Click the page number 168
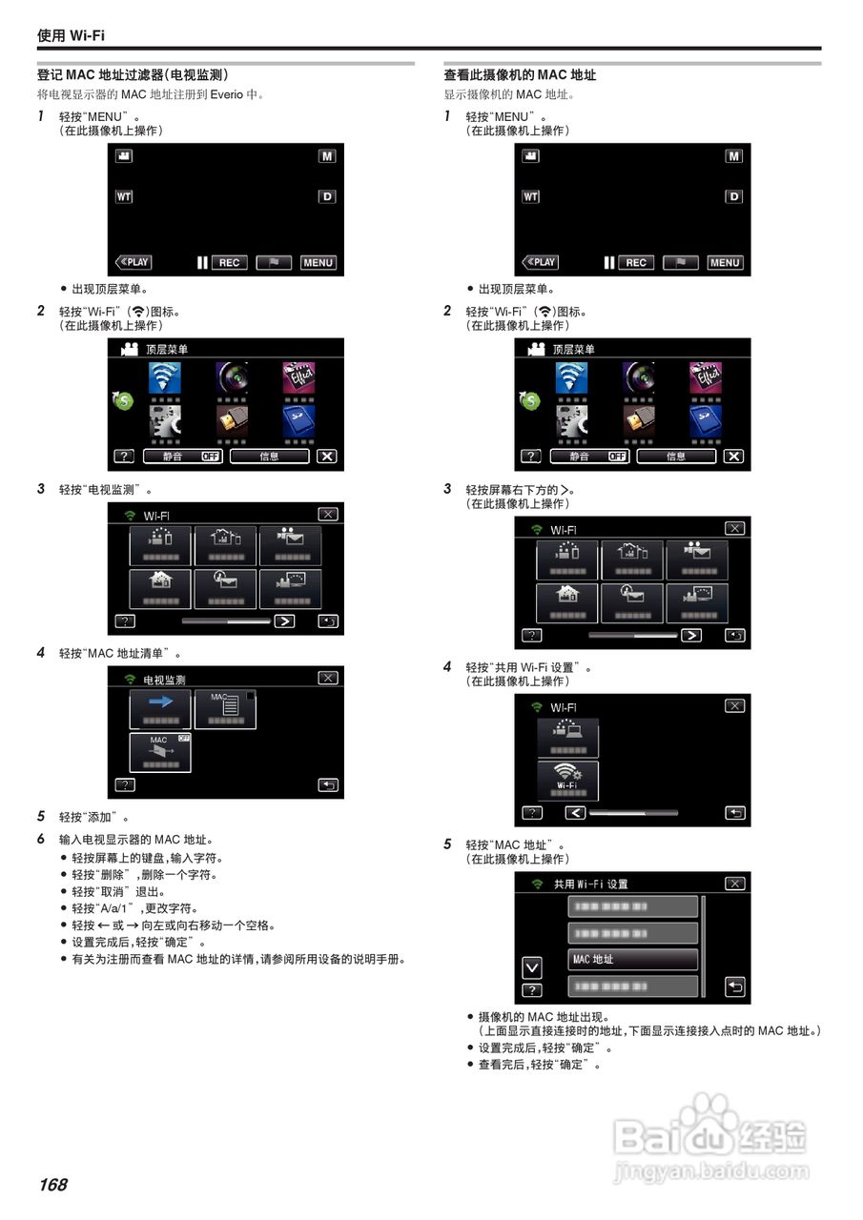(53, 1185)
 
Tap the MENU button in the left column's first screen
(318, 262)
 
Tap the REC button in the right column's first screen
(636, 262)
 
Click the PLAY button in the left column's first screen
(134, 262)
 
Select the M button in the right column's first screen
(733, 156)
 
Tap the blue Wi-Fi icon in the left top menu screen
(167, 379)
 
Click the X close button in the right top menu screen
(733, 457)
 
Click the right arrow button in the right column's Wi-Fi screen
(690, 635)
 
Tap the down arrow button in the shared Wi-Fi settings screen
(532, 967)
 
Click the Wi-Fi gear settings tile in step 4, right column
(568, 780)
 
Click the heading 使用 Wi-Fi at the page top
(71, 35)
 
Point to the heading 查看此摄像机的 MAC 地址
(520, 75)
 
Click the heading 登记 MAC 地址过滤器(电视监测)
(133, 75)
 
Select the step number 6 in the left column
(41, 840)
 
